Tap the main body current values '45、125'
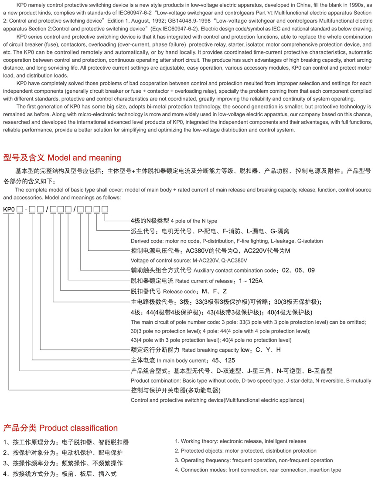coord(223,360)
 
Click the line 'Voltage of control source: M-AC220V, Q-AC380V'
coord(189,260)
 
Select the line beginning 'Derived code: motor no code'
coord(227,241)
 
